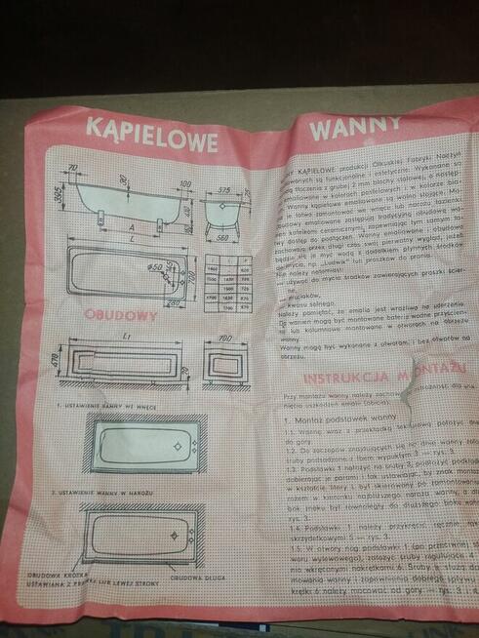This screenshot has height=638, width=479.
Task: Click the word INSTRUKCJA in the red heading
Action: point(343,380)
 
